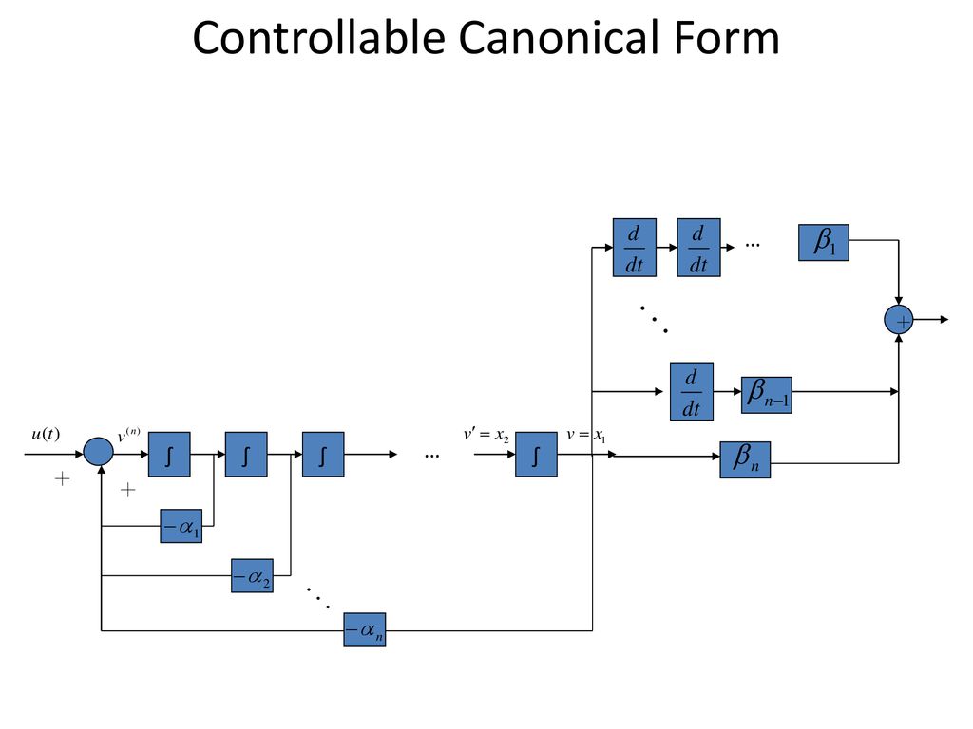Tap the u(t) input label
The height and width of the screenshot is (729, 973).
pos(46,433)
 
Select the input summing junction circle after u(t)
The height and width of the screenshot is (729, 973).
pos(98,452)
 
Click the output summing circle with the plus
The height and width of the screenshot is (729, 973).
pos(899,320)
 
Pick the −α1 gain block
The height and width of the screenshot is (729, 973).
pos(181,526)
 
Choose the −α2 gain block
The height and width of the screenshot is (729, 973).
pos(252,576)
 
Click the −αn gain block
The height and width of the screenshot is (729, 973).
pos(365,630)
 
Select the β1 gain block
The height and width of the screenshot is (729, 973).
pos(824,242)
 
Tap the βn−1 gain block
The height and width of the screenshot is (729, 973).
pos(767,395)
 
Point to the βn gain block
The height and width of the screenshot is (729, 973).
pos(745,460)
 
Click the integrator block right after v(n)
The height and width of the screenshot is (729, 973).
pos(169,455)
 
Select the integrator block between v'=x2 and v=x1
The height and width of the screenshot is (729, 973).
pos(536,455)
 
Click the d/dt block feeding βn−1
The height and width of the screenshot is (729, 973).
pos(692,391)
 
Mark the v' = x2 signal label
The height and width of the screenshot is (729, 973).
pos(486,436)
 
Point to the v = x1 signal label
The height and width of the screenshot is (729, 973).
pos(585,436)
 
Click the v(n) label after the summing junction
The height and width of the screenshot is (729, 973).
pos(128,436)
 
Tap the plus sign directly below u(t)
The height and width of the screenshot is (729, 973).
pos(62,478)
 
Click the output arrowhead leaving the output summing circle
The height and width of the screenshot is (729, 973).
pos(944,320)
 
